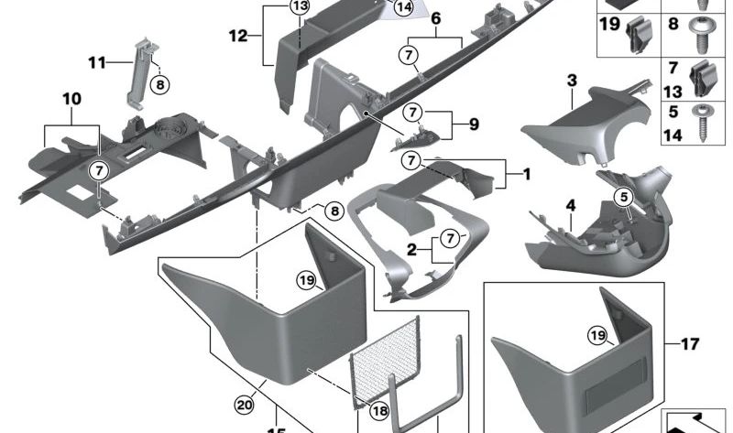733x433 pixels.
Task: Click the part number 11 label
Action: pos(97,62)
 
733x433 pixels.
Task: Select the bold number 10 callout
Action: pos(71,98)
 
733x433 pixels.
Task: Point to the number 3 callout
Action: pos(571,81)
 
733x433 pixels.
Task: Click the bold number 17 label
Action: pos(690,345)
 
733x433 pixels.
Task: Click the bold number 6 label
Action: pos(435,18)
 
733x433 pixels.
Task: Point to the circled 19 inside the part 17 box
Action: pos(598,338)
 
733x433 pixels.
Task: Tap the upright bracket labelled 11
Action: pos(139,70)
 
